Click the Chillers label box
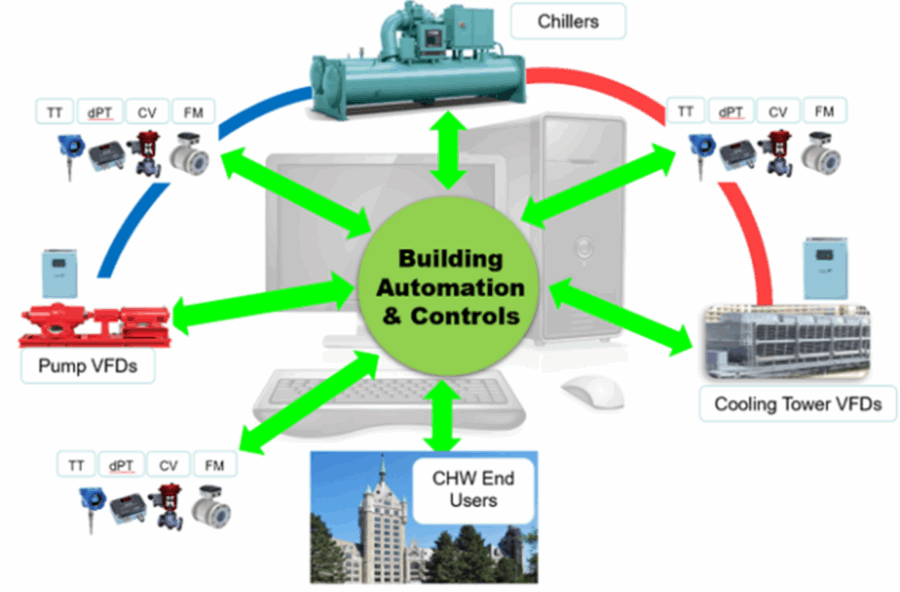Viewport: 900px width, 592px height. click(567, 21)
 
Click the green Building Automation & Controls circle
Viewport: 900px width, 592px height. click(450, 287)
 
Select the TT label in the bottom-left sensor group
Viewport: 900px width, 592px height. click(76, 465)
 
